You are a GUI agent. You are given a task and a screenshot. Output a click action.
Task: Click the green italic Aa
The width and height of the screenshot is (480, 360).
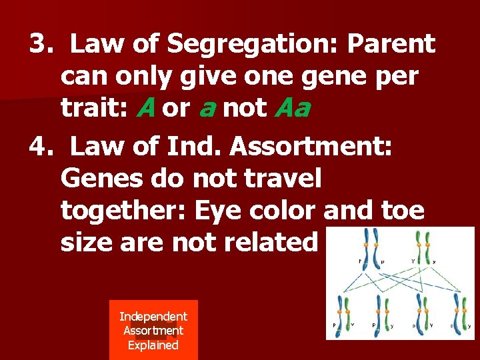point(292,108)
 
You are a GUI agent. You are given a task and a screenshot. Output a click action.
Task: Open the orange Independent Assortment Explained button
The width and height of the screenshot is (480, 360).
point(153,331)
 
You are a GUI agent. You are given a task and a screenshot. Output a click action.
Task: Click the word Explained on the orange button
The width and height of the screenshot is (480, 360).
point(153,345)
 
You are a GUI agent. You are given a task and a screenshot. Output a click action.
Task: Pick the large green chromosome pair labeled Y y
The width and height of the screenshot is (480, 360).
point(422,246)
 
